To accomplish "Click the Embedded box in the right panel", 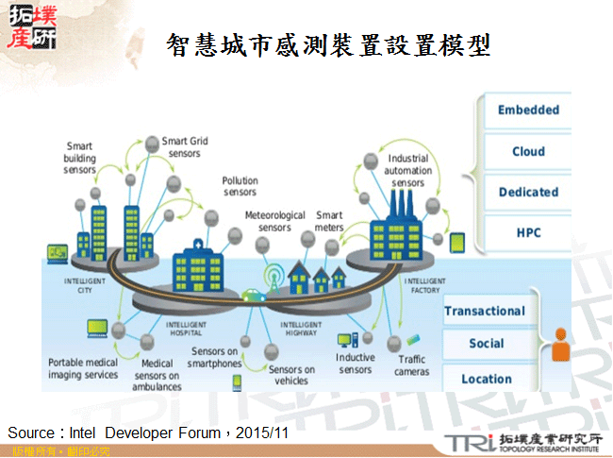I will (527, 110).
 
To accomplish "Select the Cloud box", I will (527, 151).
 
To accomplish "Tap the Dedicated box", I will (527, 192).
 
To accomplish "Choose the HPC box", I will (527, 232).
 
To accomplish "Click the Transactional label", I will (484, 311).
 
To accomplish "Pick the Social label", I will (486, 344).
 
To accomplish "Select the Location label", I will (486, 379).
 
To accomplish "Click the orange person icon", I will (561, 345).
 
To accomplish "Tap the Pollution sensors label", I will (240, 186).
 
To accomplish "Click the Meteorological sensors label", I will (274, 221).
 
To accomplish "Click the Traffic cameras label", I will (412, 365).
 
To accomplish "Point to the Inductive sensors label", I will (355, 364).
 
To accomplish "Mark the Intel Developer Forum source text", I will (147, 433).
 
